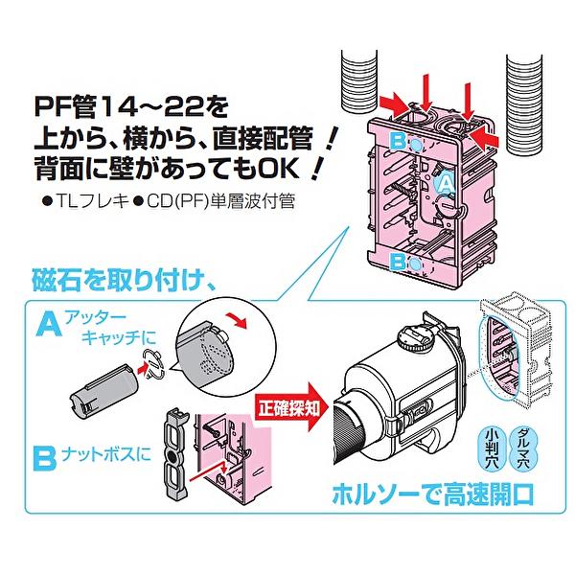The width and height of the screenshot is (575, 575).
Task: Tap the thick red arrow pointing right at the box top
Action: tap(392, 101)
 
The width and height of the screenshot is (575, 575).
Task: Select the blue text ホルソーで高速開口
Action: tap(431, 494)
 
